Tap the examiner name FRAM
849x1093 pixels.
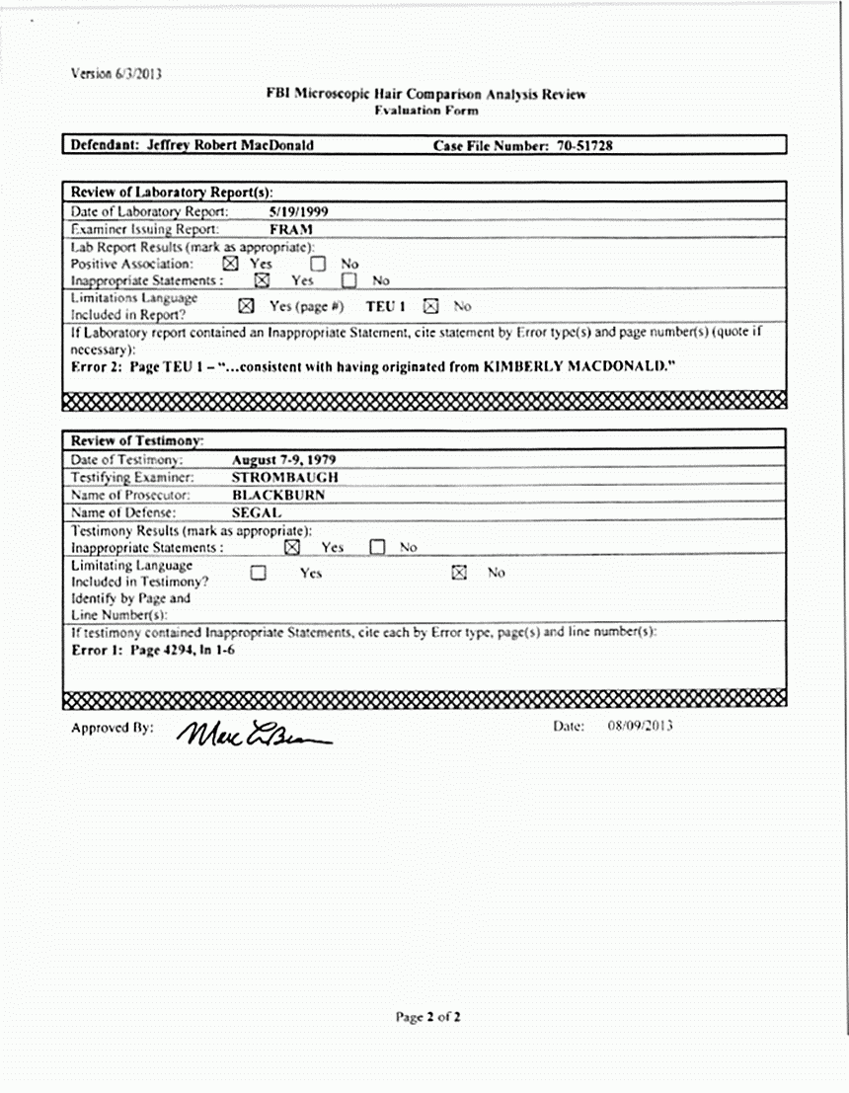[x=291, y=228]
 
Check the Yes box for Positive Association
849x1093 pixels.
[x=230, y=264]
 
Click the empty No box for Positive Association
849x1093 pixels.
[x=318, y=264]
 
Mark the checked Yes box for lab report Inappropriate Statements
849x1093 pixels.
[x=262, y=280]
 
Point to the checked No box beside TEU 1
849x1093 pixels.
[x=430, y=306]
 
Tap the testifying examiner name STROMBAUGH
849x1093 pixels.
[x=285, y=477]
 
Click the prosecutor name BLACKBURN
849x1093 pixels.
[x=279, y=495]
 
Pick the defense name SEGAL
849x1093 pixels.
[x=257, y=512]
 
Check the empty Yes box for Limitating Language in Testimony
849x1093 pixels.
[x=259, y=573]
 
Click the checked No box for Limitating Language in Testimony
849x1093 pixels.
[x=459, y=573]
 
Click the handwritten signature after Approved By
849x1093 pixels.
[x=253, y=735]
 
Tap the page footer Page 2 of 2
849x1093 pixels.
[x=428, y=1016]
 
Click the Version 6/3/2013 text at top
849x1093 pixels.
[x=116, y=73]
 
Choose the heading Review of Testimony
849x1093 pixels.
[x=137, y=440]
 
